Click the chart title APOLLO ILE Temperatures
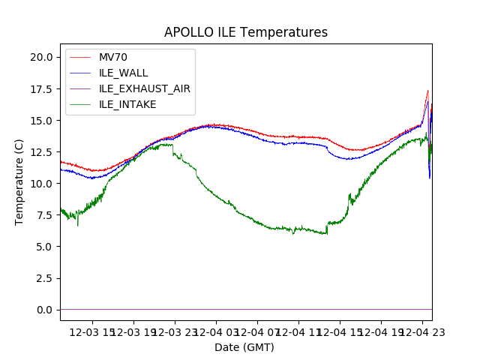[x=245, y=33]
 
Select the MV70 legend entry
[x=113, y=58]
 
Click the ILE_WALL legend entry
[x=123, y=73]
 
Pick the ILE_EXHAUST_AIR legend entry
[x=144, y=88]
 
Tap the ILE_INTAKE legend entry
[x=127, y=104]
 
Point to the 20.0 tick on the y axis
[x=41, y=57]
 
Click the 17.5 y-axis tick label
[x=41, y=88]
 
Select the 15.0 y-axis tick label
[x=41, y=120]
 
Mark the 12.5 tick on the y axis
[x=41, y=151]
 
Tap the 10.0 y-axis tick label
[x=41, y=183]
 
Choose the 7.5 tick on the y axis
[x=44, y=215]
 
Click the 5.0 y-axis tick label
[x=44, y=247]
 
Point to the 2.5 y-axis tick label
[x=44, y=278]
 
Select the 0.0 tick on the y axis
[x=44, y=310]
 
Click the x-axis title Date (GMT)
[x=244, y=347]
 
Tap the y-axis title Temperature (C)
[x=19, y=181]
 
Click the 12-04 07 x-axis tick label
[x=256, y=331]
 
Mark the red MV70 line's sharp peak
[x=428, y=91]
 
